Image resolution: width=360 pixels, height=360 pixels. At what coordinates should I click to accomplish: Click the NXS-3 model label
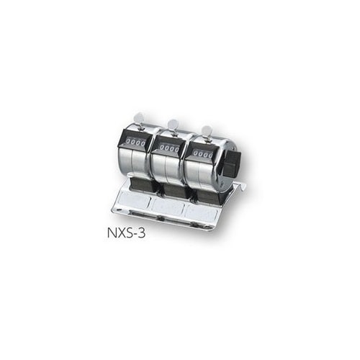(x=126, y=233)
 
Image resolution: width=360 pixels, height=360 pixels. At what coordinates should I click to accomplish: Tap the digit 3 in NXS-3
(x=141, y=233)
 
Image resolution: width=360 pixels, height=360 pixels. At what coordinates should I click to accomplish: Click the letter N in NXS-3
(x=112, y=233)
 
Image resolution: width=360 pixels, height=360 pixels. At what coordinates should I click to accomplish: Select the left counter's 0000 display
(x=136, y=143)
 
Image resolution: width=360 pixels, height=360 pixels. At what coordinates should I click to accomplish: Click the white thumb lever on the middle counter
(x=172, y=125)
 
